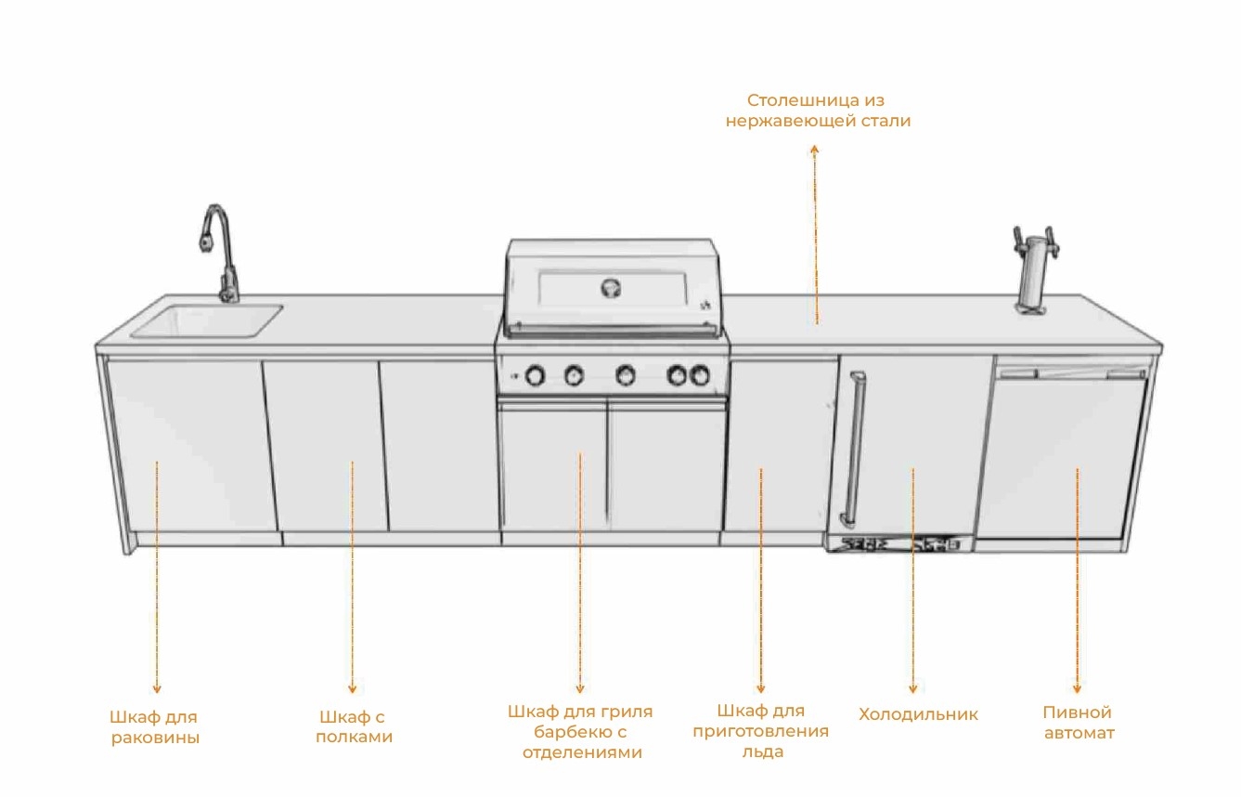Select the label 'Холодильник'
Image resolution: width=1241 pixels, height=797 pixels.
click(918, 714)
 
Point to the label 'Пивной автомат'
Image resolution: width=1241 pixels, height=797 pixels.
click(1078, 723)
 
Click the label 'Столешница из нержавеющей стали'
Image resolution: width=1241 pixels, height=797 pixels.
click(817, 110)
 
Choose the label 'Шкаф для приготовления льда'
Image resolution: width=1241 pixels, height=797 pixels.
click(760, 731)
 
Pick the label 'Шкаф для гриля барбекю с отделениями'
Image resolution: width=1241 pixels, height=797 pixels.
click(580, 732)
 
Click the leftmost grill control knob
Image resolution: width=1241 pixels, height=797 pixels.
click(536, 375)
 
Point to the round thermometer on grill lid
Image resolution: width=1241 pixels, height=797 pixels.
click(611, 286)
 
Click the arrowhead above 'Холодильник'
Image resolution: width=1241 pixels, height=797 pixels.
click(912, 689)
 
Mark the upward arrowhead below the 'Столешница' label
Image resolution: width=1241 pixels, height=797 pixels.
click(814, 149)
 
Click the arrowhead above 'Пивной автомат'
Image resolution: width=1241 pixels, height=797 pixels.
click(1077, 689)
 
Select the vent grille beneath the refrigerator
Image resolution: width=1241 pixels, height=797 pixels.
click(899, 544)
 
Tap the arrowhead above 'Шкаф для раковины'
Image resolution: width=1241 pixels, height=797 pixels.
click(157, 689)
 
